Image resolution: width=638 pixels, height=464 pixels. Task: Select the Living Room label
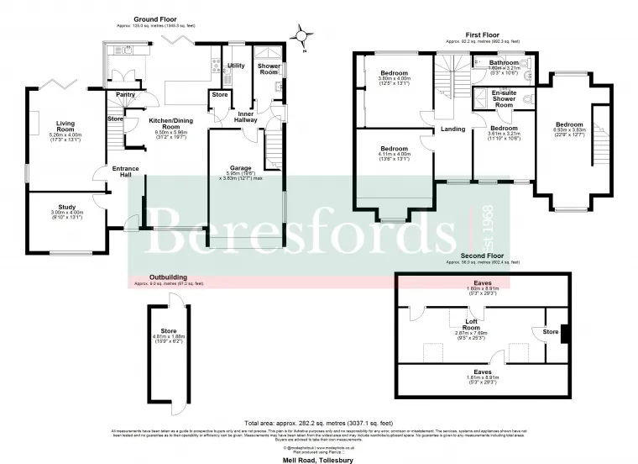65,126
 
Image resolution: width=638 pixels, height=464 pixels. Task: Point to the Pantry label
125,95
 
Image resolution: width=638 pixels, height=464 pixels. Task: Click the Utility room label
236,66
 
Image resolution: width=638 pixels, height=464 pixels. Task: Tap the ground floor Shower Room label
269,68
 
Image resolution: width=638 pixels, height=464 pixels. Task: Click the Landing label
453,129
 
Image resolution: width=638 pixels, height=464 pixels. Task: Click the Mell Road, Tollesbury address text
320,455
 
